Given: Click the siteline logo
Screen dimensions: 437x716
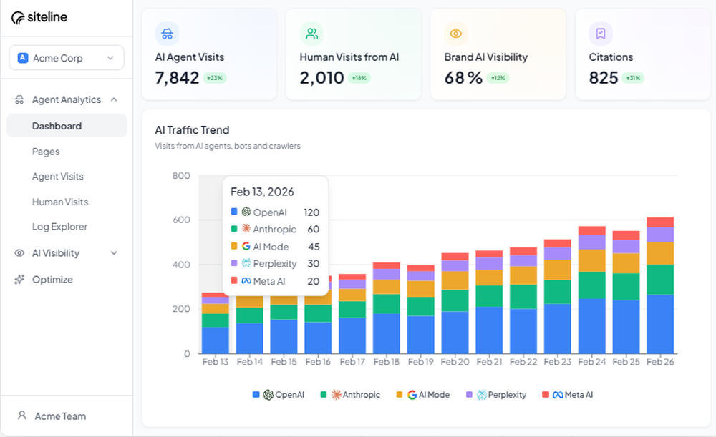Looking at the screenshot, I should pos(39,18).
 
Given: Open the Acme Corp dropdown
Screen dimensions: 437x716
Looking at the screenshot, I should pos(67,58).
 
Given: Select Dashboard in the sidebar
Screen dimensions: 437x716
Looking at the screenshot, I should pos(57,126).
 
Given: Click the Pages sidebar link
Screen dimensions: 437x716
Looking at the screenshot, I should pos(46,152).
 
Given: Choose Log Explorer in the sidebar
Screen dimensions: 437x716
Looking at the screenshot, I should pos(59,227).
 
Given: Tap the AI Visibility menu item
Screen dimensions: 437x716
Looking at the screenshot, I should pos(56,253).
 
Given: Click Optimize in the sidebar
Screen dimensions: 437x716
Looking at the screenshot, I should pos(52,280).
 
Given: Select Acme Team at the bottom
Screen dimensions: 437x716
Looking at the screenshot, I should pos(60,416).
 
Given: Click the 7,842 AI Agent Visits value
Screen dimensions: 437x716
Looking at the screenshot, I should pos(177,78).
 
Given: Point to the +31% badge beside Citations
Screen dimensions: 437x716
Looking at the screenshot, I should pos(633,78).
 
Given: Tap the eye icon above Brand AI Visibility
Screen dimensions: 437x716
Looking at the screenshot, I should pos(455,34).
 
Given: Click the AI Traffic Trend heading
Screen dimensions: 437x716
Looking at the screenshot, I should pos(192,130).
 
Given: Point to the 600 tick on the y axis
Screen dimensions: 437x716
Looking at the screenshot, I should pos(181,220).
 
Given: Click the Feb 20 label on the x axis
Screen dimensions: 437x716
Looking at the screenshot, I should pos(455,362).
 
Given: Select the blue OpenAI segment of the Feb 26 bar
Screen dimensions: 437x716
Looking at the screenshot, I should pos(659,324).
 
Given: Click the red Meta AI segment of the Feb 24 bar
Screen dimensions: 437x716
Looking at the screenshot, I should pos(591,230).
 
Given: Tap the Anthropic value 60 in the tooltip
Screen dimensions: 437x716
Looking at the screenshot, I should pos(313,230).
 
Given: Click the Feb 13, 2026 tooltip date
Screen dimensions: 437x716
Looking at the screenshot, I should pos(262,192).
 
